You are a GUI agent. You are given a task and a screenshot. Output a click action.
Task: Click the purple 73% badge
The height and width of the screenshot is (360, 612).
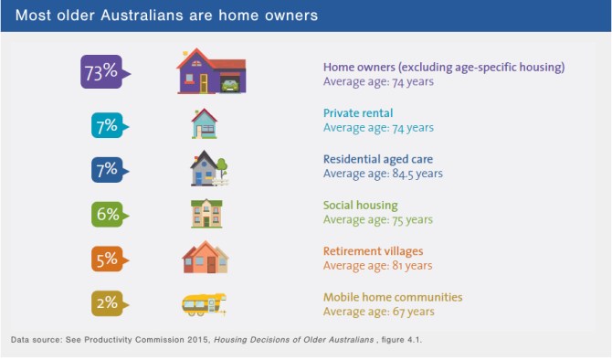point(103,73)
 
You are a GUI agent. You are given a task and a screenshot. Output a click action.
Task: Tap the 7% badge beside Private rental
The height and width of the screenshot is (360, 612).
point(106,125)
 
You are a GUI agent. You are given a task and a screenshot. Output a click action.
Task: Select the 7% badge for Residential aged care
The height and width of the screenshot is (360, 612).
point(106,169)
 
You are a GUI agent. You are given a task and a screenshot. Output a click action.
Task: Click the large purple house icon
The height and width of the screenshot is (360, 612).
point(210,71)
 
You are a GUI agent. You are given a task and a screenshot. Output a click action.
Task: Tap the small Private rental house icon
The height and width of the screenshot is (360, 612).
point(205,123)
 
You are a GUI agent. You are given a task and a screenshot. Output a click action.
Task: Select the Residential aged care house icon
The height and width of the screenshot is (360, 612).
point(207,168)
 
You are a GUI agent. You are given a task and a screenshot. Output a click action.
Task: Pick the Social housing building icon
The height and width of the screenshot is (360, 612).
point(206,213)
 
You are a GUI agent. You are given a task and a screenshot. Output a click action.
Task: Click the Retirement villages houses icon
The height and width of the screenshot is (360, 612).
point(205,258)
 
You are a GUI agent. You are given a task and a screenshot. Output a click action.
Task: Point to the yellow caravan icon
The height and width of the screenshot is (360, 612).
point(204,302)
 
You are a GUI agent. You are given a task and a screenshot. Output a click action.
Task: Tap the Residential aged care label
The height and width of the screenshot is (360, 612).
point(372,159)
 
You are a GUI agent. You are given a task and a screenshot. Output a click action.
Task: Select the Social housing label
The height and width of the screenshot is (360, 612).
point(360,206)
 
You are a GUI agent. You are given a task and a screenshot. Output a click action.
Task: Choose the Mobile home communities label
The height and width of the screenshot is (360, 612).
point(393,297)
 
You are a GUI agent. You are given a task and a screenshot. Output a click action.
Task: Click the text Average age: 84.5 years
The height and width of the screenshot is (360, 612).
point(383,174)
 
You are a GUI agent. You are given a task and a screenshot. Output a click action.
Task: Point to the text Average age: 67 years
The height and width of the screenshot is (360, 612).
point(378,312)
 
